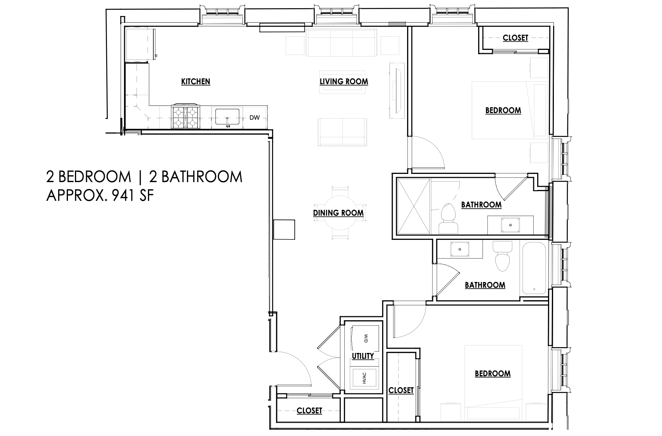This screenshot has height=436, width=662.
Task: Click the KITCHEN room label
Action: pos(196,82)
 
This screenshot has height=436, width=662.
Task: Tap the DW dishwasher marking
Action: pos(255,117)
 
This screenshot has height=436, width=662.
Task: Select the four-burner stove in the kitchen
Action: pos(186,117)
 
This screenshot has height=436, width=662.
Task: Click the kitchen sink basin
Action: pos(227,117)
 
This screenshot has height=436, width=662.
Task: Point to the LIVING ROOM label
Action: pos(343,82)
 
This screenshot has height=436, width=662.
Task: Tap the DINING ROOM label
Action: pos(338,213)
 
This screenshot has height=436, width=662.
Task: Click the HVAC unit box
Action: pos(365,378)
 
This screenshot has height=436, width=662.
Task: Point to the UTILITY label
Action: pos(363,356)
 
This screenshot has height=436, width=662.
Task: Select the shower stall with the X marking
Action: pos(413,206)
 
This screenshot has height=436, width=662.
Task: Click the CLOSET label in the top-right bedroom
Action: pos(515,38)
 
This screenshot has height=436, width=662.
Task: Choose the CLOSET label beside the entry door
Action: pos(309,411)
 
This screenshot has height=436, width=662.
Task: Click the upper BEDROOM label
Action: pos(503,110)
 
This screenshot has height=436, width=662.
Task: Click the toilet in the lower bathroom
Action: pos(502,257)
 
